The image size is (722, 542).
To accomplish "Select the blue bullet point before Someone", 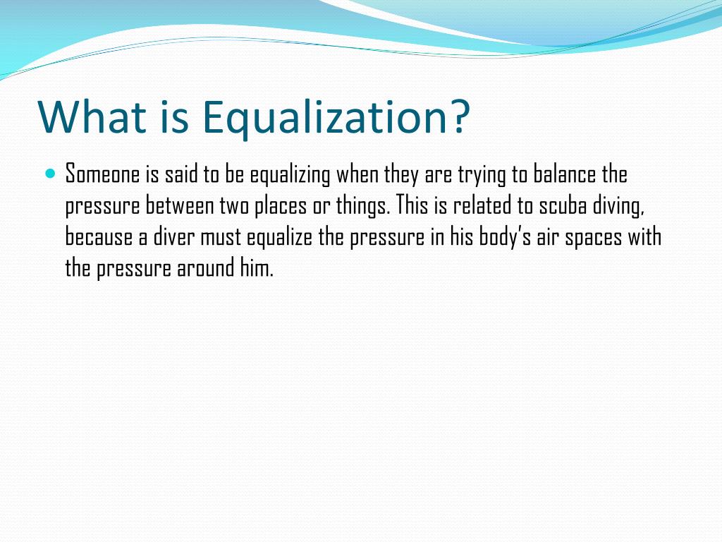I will (x=49, y=173).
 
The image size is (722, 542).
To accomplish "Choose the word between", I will (x=180, y=205).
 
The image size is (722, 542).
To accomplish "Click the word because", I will (x=97, y=237).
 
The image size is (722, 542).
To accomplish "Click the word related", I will (x=480, y=205).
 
